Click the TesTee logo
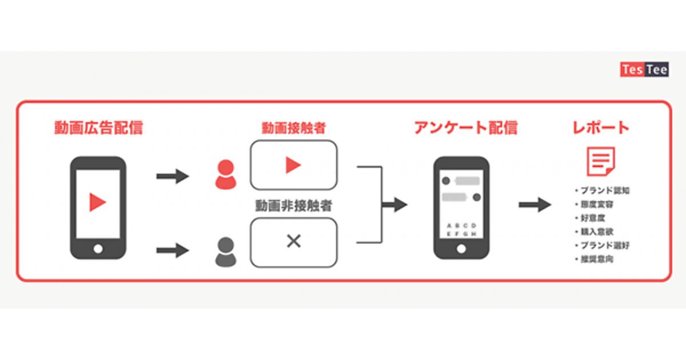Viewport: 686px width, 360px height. click(644, 69)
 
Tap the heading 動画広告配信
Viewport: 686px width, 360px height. click(98, 127)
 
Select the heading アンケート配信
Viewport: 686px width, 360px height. click(465, 127)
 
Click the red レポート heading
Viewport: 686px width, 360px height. click(601, 127)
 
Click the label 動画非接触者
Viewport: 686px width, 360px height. click(294, 206)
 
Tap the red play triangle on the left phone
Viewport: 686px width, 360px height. click(98, 202)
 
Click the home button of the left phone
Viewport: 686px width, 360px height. click(98, 249)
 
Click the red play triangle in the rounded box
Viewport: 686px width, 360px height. click(293, 165)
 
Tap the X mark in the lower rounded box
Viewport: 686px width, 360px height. click(293, 241)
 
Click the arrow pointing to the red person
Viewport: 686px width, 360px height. click(172, 175)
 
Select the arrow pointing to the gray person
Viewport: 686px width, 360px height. click(172, 250)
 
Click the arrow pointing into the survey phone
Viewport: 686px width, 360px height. click(394, 205)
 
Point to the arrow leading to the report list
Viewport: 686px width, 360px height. click(535, 205)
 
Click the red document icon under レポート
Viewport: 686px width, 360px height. click(601, 161)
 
